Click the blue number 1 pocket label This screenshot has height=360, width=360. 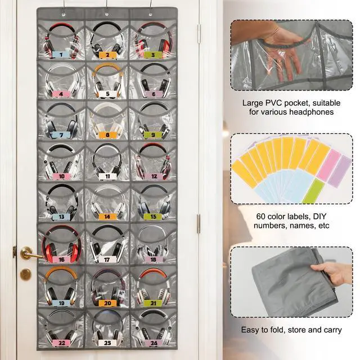point(61,55)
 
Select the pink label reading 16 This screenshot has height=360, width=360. point(61,259)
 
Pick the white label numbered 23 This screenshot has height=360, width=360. point(107,343)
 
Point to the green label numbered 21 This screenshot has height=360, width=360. point(153,303)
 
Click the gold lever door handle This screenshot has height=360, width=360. point(30,253)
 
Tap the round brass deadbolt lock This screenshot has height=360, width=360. point(25,274)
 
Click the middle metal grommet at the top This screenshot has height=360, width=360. point(107,14)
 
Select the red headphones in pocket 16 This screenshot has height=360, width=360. point(61,244)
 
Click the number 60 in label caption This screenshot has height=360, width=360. point(260,217)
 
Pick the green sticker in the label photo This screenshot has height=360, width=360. point(314,191)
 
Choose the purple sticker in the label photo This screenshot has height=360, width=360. point(340,171)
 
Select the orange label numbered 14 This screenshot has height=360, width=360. point(107,216)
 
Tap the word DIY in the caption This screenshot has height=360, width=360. point(320,217)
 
